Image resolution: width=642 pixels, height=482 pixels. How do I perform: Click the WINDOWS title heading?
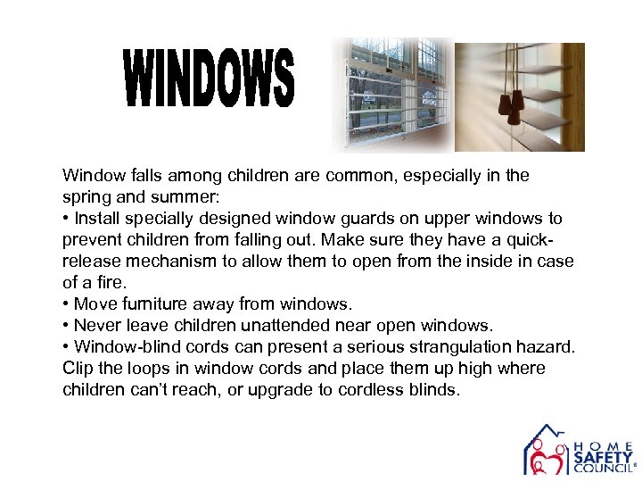click(209, 79)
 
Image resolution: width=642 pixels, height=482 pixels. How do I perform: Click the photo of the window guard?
click(392, 94)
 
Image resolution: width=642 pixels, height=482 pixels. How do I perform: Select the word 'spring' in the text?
click(85, 197)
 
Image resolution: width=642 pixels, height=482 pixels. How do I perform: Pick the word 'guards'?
click(376, 219)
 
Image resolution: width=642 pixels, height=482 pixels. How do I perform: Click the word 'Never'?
click(95, 326)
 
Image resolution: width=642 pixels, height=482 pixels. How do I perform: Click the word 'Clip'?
click(78, 369)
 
